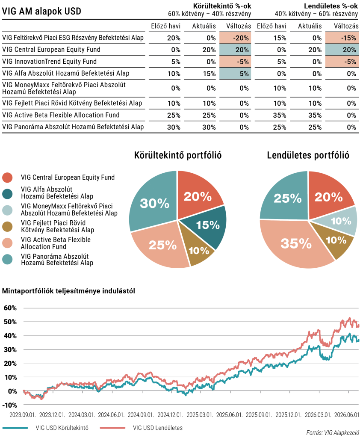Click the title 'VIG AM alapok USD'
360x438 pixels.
[x=41, y=11]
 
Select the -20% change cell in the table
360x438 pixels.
[x=235, y=38]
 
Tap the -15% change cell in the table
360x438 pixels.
[x=342, y=38]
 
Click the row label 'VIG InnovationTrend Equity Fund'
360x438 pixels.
[x=50, y=62]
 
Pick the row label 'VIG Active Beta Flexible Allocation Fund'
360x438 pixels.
[x=61, y=115]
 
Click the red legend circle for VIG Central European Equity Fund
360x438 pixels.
[x=7, y=178]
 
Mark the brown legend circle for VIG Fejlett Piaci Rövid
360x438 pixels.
[x=7, y=227]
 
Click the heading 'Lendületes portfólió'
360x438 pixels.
[x=308, y=155]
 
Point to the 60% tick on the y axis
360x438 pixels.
[x=10, y=308]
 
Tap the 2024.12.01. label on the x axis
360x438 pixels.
[x=170, y=415]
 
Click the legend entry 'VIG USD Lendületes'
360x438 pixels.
[x=157, y=428]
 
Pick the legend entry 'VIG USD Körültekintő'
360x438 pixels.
[x=62, y=428]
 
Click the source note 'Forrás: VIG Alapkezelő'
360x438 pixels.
[x=333, y=433]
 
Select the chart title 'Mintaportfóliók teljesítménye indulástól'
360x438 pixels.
[x=68, y=291]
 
